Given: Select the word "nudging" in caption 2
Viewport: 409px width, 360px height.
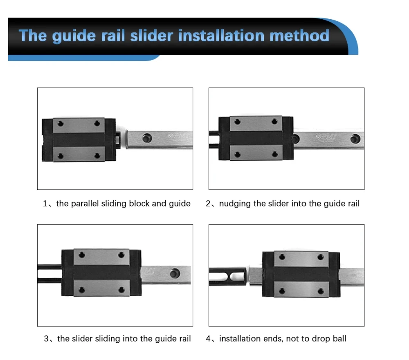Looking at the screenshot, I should tap(235, 203).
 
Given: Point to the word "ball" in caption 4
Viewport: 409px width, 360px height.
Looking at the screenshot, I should tap(339, 339).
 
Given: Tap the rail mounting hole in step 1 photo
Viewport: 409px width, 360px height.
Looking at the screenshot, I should tap(146, 138).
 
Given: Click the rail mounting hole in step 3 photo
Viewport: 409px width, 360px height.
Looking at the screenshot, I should tap(175, 272).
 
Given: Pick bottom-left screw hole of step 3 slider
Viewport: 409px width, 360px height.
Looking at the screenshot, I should tap(82, 290).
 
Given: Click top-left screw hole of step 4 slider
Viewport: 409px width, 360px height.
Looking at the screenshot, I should tap(281, 256).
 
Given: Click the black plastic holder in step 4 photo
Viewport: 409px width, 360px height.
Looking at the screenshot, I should tap(228, 276).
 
